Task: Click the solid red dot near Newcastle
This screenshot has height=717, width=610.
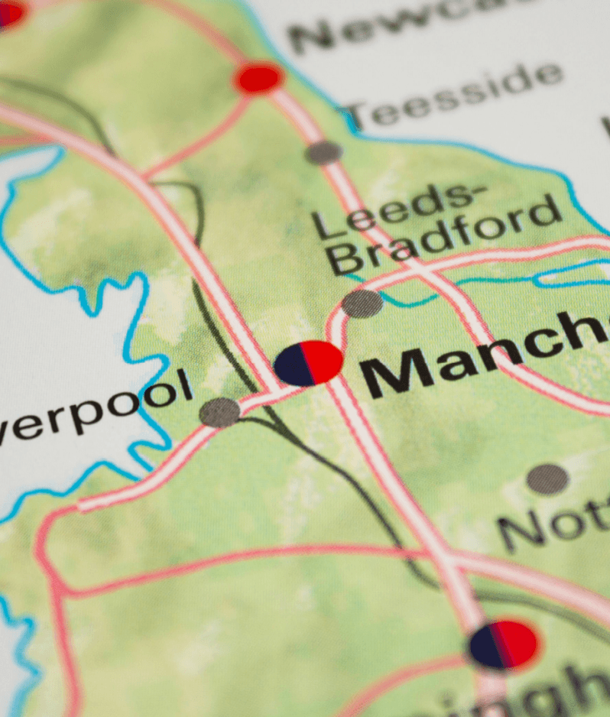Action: [x=258, y=78]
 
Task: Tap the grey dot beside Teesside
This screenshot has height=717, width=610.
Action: [x=324, y=153]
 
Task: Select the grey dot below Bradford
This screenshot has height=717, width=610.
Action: [x=362, y=303]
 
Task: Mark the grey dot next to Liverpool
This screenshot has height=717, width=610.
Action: [x=219, y=413]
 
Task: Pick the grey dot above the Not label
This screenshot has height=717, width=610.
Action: [x=547, y=479]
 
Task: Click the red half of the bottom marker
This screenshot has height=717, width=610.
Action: [x=518, y=643]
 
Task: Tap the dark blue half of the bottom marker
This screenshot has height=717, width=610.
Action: [x=486, y=647]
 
